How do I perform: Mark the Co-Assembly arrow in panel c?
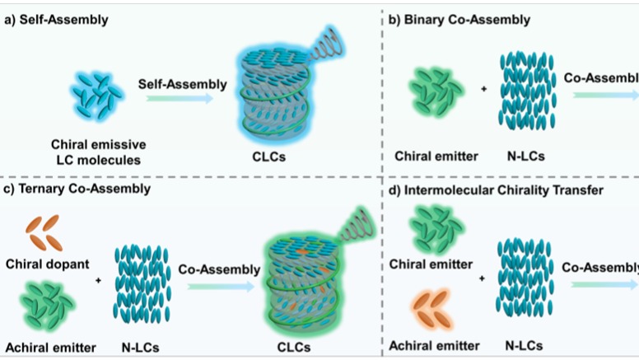point(220,285)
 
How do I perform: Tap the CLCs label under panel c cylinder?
point(293,346)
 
